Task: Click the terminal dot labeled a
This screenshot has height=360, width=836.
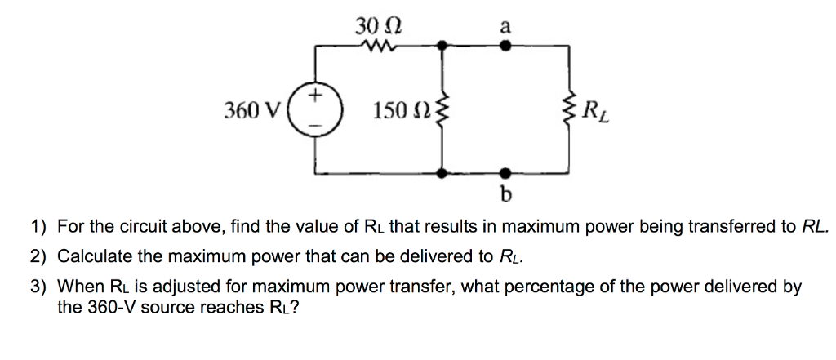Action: (505, 47)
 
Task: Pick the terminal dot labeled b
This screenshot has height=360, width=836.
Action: (505, 173)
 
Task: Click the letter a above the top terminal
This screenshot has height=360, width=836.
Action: (505, 27)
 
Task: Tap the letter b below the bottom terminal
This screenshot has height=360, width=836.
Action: (505, 195)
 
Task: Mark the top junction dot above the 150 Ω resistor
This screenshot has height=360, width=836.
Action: (442, 47)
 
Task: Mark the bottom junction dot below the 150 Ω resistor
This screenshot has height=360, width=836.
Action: (442, 173)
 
